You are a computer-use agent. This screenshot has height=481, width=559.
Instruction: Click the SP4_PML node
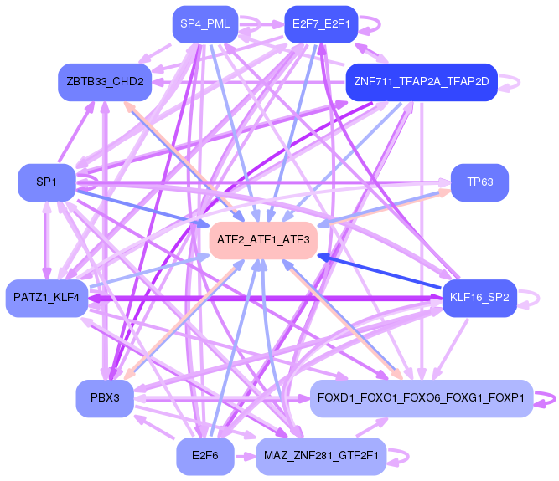[x=204, y=24]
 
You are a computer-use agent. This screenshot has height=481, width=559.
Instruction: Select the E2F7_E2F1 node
[x=321, y=24]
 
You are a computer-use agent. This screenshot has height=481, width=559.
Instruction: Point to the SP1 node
[x=46, y=182]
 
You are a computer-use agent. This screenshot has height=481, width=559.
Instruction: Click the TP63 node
[x=480, y=182]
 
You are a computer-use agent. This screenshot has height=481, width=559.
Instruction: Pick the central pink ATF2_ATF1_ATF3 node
[x=263, y=240]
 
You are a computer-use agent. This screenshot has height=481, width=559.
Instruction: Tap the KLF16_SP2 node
[x=479, y=298]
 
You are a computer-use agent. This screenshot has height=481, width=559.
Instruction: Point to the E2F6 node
[x=204, y=456]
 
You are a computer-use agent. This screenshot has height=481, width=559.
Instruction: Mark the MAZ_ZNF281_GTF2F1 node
[x=321, y=456]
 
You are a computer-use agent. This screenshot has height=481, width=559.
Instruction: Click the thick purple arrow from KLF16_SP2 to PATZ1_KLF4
[x=268, y=298]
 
